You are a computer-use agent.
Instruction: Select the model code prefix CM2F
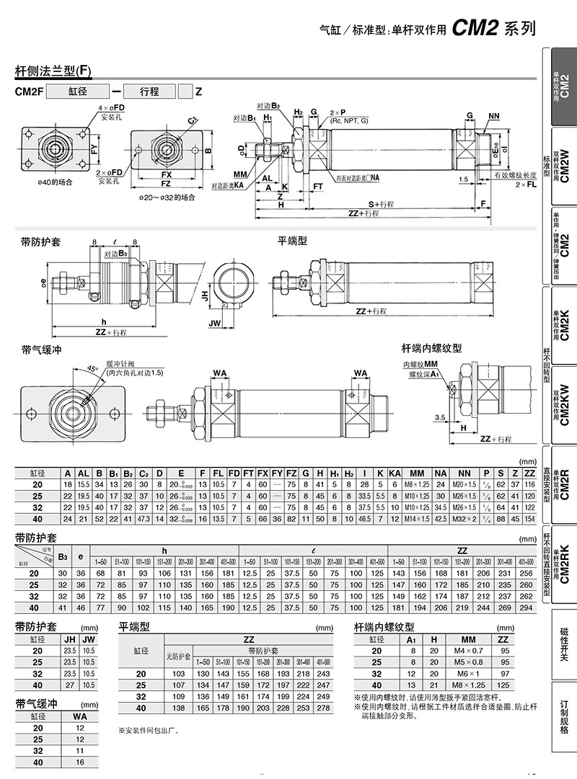pyautogui.click(x=30, y=92)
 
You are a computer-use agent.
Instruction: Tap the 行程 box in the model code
pyautogui.click(x=149, y=92)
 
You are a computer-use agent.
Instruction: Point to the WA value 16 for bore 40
pyautogui.click(x=79, y=762)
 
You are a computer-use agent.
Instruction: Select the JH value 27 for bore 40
pyautogui.click(x=70, y=685)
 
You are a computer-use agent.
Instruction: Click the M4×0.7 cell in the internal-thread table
pyautogui.click(x=468, y=651)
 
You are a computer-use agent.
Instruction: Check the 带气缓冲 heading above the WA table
pyautogui.click(x=36, y=703)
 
